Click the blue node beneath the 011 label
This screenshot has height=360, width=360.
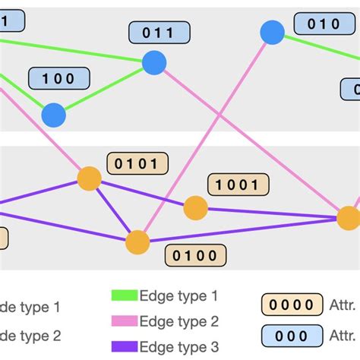(154, 62)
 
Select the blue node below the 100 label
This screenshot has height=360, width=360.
(53, 115)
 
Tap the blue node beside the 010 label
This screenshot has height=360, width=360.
(272, 33)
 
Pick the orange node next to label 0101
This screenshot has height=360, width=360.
(90, 178)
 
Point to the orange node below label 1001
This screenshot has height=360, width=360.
(195, 207)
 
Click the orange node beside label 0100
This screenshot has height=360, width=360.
(137, 242)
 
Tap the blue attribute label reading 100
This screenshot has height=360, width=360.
(59, 78)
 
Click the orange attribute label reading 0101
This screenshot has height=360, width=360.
(137, 164)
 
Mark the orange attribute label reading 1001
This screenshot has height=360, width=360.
(238, 184)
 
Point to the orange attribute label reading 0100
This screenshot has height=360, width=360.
(195, 255)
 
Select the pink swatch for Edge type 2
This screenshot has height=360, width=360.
(125, 321)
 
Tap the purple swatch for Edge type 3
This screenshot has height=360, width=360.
(125, 346)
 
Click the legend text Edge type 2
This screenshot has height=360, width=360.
(179, 321)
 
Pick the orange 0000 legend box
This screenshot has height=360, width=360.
(289, 305)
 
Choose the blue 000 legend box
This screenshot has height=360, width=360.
(289, 335)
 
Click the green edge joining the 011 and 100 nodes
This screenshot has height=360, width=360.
(103, 90)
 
